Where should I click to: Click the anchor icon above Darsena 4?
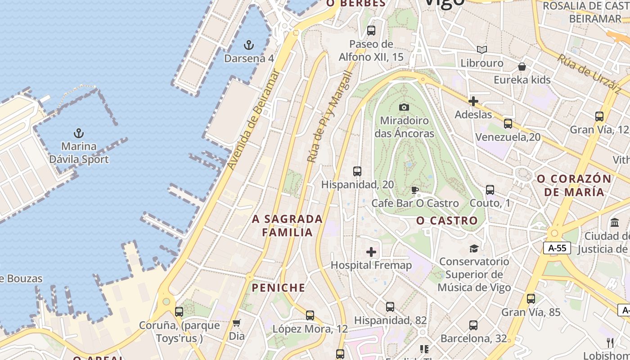pyautogui.click(x=248, y=45)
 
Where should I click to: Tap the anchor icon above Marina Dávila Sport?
pyautogui.click(x=79, y=133)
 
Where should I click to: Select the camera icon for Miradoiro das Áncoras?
pyautogui.click(x=404, y=107)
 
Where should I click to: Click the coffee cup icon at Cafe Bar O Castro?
pyautogui.click(x=415, y=190)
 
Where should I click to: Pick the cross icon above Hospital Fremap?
pyautogui.click(x=371, y=252)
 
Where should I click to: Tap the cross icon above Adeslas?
pyautogui.click(x=473, y=101)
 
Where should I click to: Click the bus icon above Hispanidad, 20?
pyautogui.click(x=357, y=171)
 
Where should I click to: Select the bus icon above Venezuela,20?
pyautogui.click(x=508, y=123)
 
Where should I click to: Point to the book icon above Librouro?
pyautogui.click(x=482, y=49)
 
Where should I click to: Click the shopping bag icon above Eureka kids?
pyautogui.click(x=522, y=67)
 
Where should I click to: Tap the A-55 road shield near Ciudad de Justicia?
pyautogui.click(x=557, y=248)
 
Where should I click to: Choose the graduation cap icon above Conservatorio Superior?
pyautogui.click(x=474, y=248)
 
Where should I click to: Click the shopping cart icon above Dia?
pyautogui.click(x=237, y=323)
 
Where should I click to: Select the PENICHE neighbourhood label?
pyautogui.click(x=278, y=288)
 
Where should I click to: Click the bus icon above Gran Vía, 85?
pyautogui.click(x=531, y=298)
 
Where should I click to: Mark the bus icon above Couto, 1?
pyautogui.click(x=490, y=190)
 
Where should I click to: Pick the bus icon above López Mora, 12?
pyautogui.click(x=310, y=315)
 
